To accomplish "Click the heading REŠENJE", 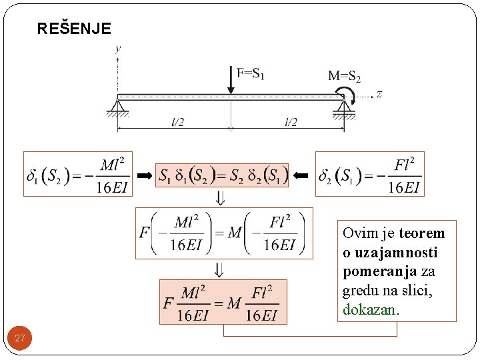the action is (x=74, y=29).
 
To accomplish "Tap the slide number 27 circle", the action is (x=20, y=339).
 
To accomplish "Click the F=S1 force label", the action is (x=251, y=73).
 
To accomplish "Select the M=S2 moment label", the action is (x=344, y=76).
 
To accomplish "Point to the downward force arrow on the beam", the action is (x=231, y=81).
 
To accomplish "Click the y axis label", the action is (x=118, y=48).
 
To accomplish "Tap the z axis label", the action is (x=379, y=94).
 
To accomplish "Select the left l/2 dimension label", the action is (x=178, y=122).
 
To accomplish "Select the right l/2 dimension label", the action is (x=291, y=122).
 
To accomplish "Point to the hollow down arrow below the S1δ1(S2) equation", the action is (x=221, y=198).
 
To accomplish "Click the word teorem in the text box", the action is (x=421, y=233).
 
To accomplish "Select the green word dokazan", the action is (x=369, y=310).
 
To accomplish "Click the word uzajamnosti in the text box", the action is (x=390, y=253).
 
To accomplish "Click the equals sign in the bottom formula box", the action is (x=215, y=303).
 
